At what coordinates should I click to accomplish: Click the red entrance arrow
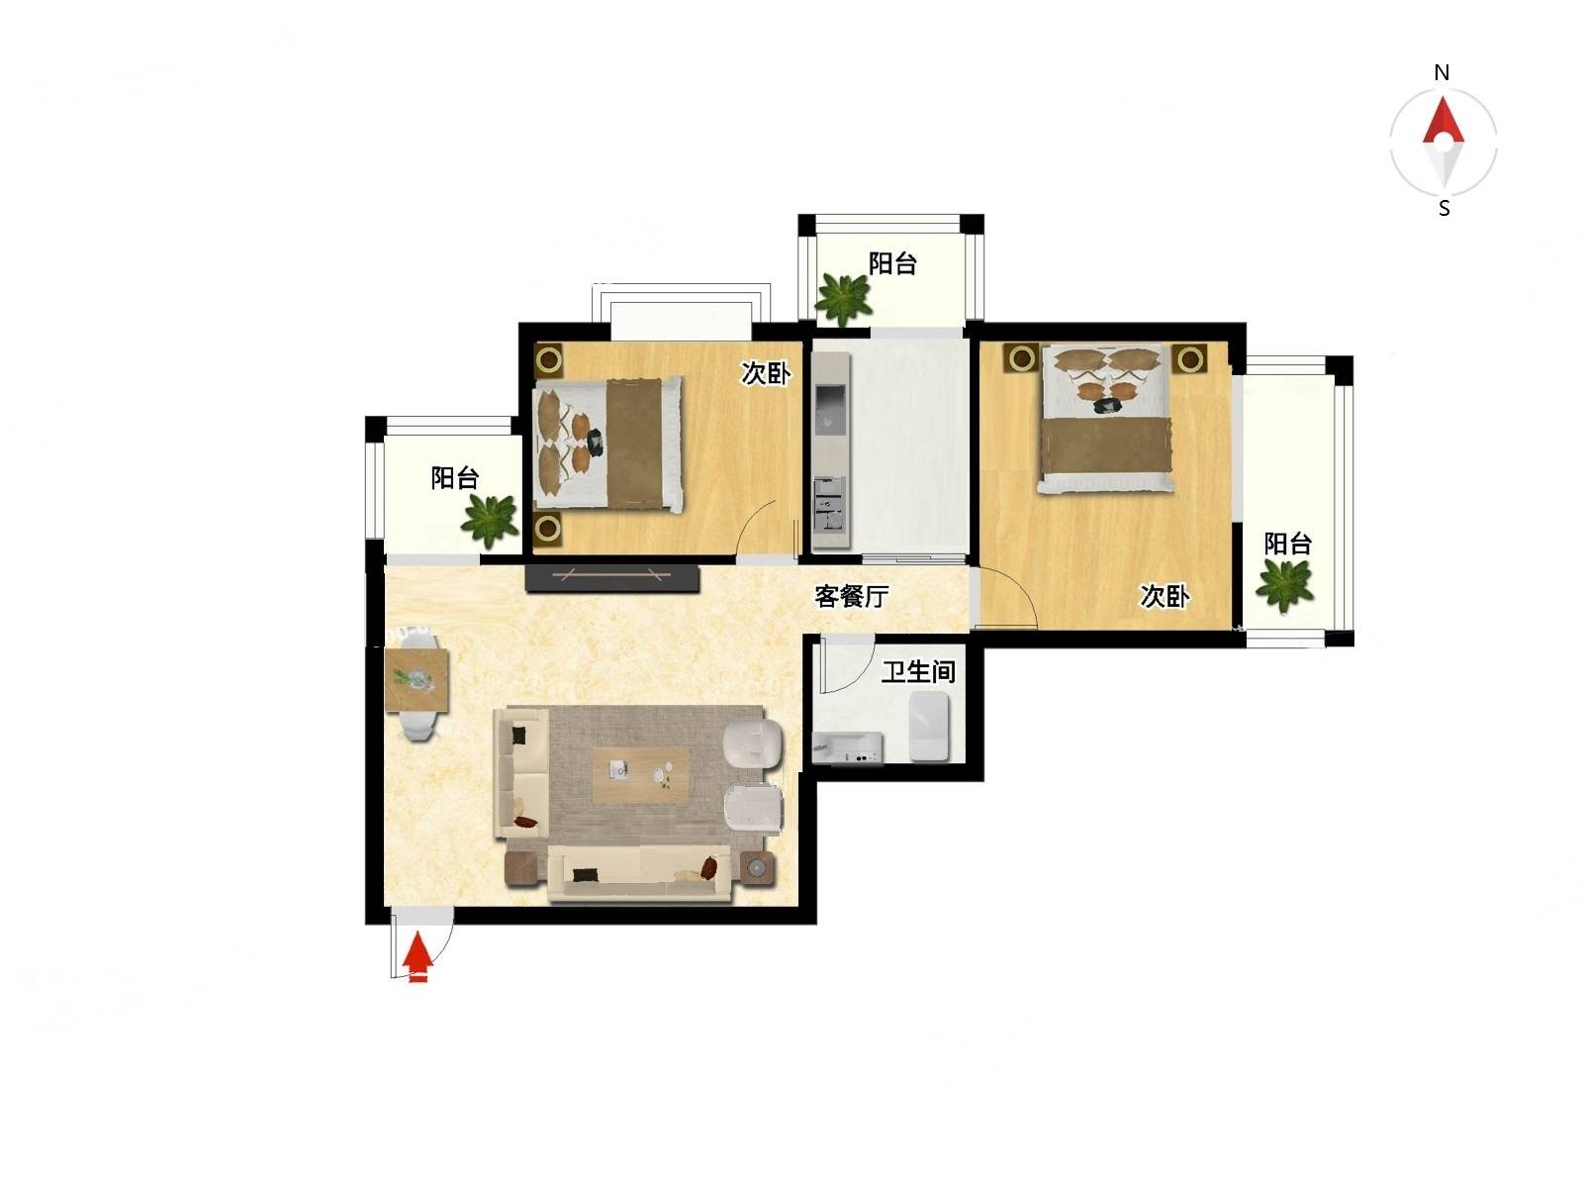click(x=417, y=958)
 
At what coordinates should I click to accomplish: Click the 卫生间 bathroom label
click(x=918, y=671)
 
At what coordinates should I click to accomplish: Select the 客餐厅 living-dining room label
click(x=851, y=597)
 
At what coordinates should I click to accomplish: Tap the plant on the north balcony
click(x=842, y=299)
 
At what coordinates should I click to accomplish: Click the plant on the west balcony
click(x=489, y=518)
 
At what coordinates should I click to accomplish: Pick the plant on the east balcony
click(x=1283, y=585)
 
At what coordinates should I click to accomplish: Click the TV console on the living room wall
click(x=611, y=579)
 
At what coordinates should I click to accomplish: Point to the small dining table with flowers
click(x=417, y=680)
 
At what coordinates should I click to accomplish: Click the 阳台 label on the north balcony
click(x=892, y=264)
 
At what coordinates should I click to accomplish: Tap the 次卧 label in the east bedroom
click(x=1164, y=597)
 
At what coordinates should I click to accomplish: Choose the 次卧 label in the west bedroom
click(x=766, y=373)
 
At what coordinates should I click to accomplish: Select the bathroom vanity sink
click(x=847, y=748)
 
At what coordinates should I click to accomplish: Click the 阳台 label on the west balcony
click(x=454, y=477)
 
